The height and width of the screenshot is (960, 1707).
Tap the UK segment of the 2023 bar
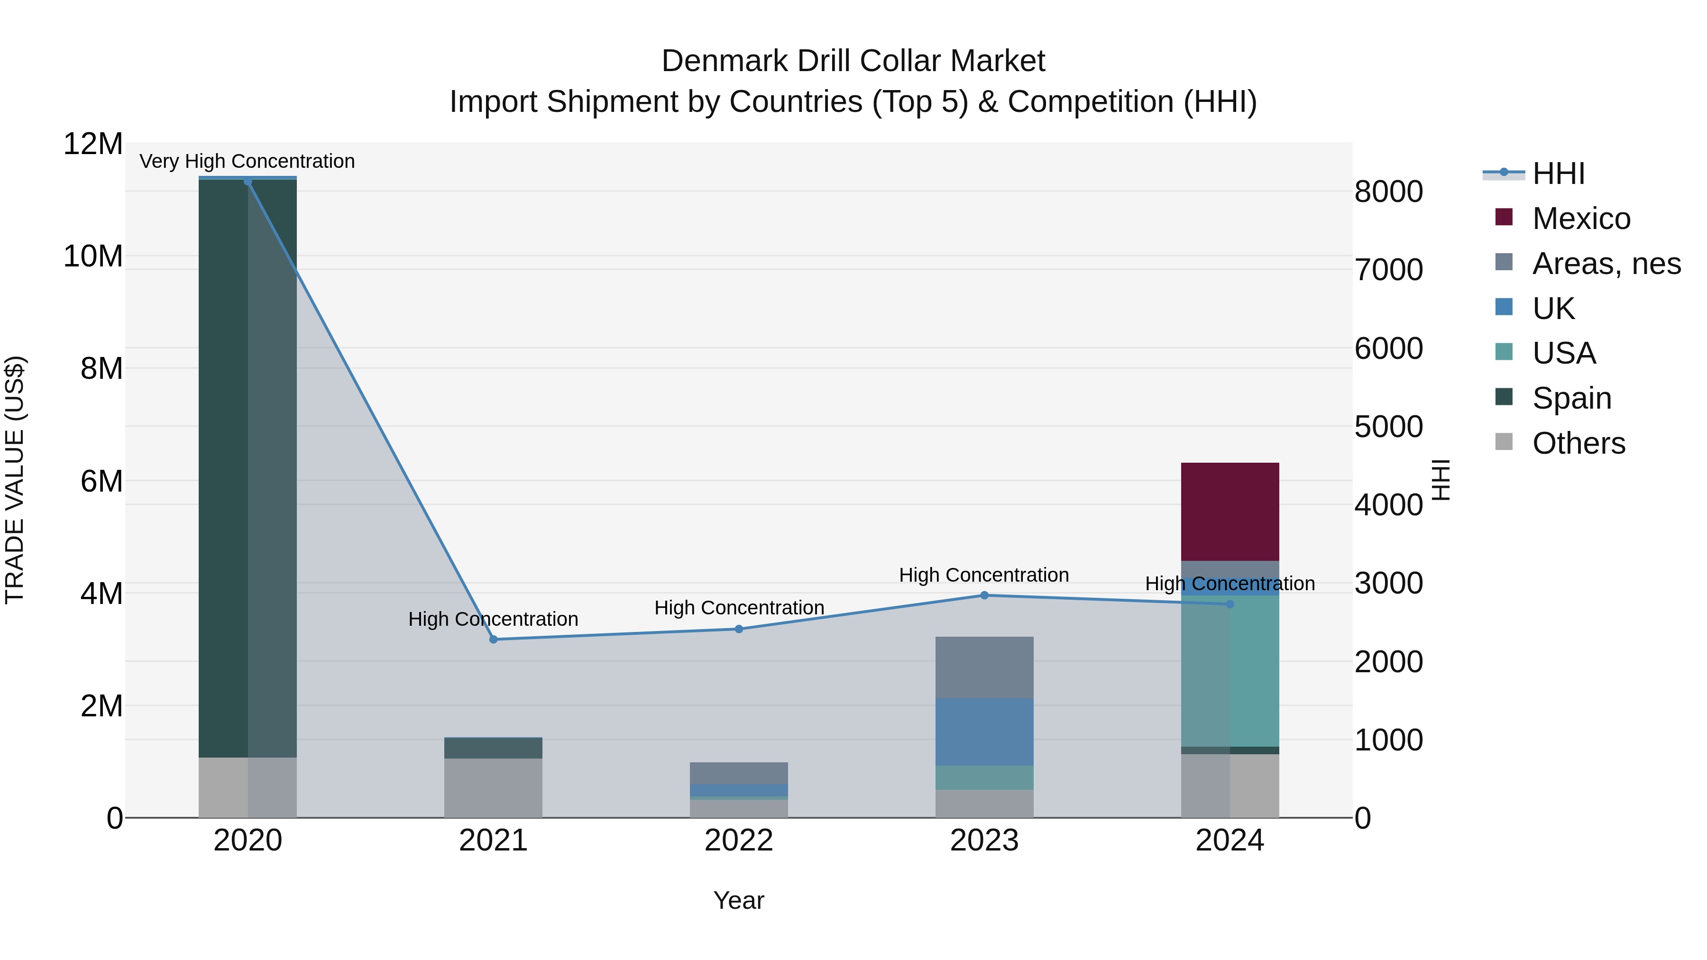[x=984, y=731]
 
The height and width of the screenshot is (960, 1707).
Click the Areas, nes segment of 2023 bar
[x=984, y=667]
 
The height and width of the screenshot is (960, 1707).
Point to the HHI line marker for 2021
[x=493, y=640]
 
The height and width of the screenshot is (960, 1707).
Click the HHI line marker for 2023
[x=984, y=595]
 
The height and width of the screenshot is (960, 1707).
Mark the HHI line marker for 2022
[x=739, y=629]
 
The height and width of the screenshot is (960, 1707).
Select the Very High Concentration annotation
[x=247, y=161]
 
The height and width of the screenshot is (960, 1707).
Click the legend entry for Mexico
[x=1580, y=219]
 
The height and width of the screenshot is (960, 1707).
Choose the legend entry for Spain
[x=1571, y=398]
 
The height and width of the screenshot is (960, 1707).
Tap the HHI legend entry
[x=1558, y=174]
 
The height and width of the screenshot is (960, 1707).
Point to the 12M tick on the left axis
[x=93, y=144]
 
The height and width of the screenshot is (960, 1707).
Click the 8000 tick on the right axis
[x=1388, y=192]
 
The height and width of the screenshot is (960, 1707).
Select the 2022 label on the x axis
[x=739, y=841]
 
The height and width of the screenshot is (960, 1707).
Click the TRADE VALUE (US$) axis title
[x=15, y=480]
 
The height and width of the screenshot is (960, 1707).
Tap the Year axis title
[x=739, y=900]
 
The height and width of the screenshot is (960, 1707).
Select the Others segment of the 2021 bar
[x=493, y=788]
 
